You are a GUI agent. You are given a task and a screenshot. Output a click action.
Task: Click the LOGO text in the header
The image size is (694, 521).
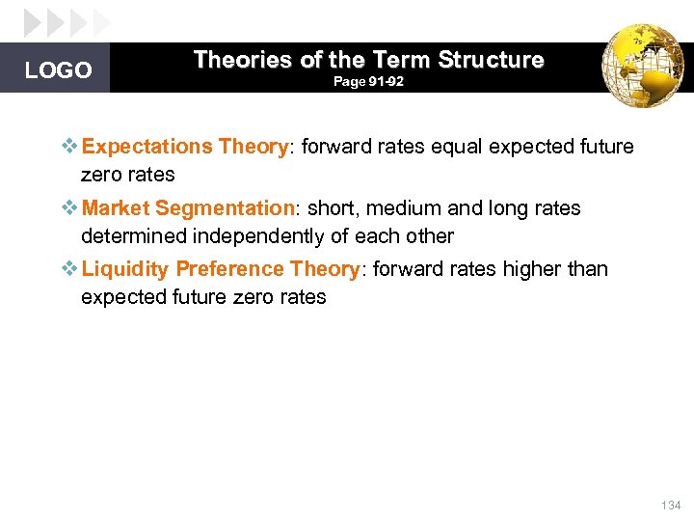coord(58,70)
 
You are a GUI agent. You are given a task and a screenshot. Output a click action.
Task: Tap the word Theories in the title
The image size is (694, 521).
coord(242,60)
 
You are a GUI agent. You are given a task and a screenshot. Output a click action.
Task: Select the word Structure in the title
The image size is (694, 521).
coord(491,60)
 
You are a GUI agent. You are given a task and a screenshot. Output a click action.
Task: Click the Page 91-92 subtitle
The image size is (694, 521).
coord(368,83)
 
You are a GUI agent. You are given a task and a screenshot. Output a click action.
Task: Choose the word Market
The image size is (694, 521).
coord(117,208)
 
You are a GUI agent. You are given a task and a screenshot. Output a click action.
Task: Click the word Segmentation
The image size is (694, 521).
coord(224,208)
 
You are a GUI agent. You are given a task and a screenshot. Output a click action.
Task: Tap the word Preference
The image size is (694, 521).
coord(230,269)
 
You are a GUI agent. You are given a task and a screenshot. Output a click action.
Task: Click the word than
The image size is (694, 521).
coord(587,269)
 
